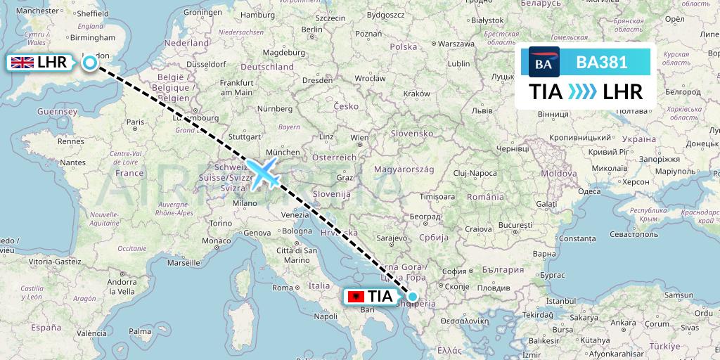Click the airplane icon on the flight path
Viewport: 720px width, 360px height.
click(x=263, y=172)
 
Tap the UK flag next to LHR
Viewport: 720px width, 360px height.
click(x=22, y=63)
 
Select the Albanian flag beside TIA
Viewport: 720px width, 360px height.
click(x=357, y=297)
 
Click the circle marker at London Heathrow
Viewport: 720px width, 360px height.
click(x=90, y=63)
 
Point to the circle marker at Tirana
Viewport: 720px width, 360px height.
click(x=413, y=297)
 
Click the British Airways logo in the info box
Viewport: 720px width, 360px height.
click(x=544, y=63)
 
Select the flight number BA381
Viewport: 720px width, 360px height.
click(x=601, y=63)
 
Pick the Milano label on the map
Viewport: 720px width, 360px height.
click(x=245, y=203)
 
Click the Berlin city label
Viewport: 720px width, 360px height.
click(x=312, y=30)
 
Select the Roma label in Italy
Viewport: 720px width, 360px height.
click(x=282, y=288)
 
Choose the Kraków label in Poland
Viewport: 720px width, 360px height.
click(x=417, y=94)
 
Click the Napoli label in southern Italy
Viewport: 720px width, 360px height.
click(x=326, y=316)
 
